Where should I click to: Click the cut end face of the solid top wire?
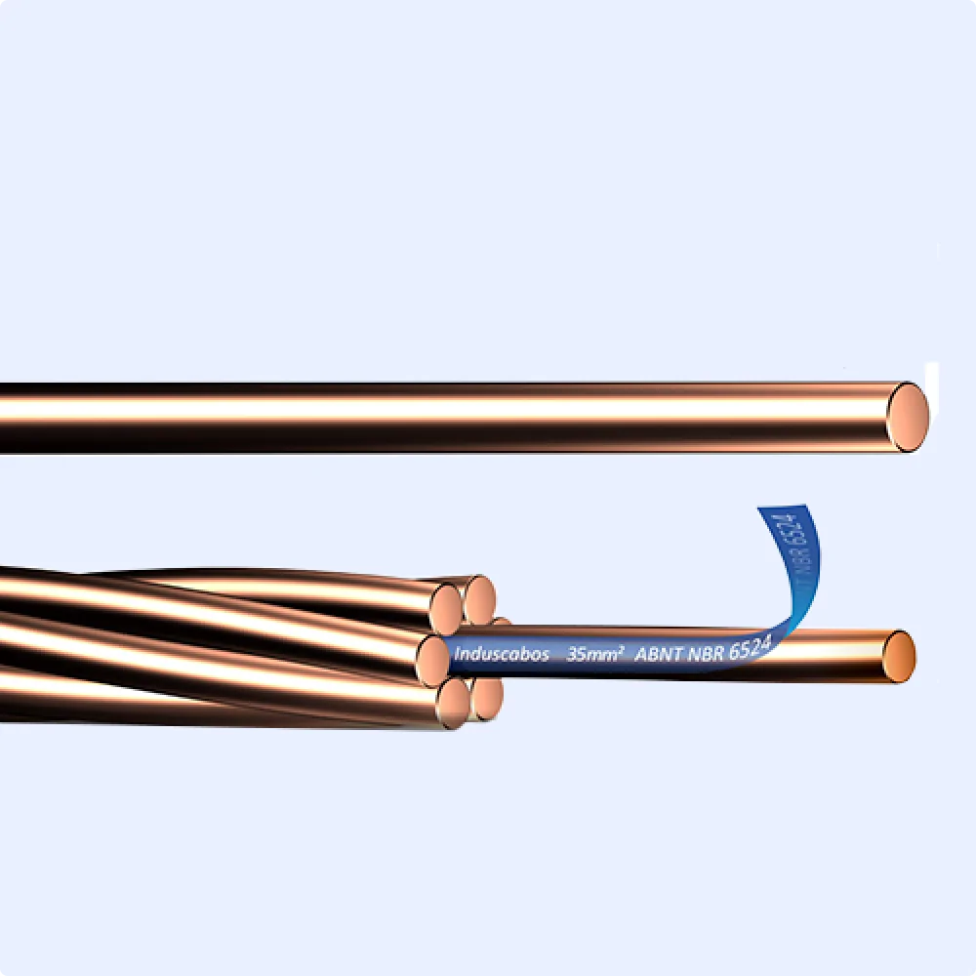[908, 417]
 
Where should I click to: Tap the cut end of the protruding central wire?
[898, 656]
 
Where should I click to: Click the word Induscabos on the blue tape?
[502, 655]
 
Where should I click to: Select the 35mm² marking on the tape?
[595, 655]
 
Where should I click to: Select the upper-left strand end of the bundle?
[446, 605]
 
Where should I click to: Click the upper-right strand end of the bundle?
[479, 599]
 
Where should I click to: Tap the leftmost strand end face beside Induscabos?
[432, 659]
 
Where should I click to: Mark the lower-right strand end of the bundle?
[486, 698]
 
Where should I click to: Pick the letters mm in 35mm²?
[601, 656]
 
